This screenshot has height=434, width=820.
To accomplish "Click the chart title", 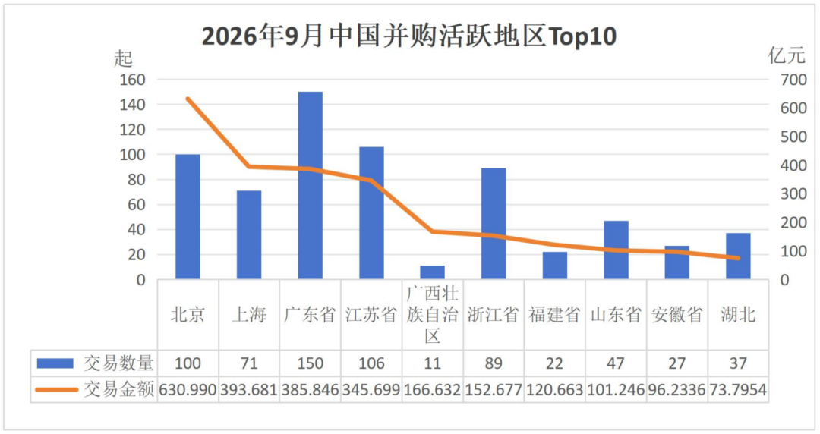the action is pyautogui.click(x=409, y=36).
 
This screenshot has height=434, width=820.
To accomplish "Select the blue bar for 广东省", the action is pyautogui.click(x=310, y=185).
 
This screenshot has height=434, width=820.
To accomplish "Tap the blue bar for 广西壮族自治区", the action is pyautogui.click(x=433, y=272).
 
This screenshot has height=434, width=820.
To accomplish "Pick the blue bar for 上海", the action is pyautogui.click(x=249, y=234).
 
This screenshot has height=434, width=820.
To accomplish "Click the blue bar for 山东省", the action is pyautogui.click(x=616, y=250).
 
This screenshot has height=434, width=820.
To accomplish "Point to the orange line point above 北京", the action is pyautogui.click(x=188, y=99).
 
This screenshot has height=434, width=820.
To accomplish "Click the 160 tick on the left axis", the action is pyautogui.click(x=132, y=80).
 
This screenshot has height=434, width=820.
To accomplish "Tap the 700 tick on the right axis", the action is pyautogui.click(x=794, y=80).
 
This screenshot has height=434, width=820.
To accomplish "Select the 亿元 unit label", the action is pyautogui.click(x=787, y=55).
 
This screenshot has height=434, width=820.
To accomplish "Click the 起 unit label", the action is pyautogui.click(x=123, y=58).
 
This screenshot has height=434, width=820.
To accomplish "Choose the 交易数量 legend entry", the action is pyautogui.click(x=95, y=363).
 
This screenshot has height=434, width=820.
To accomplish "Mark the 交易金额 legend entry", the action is pyautogui.click(x=95, y=389).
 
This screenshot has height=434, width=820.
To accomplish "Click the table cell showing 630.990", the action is pyautogui.click(x=188, y=389).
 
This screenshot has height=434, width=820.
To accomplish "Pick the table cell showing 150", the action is pyautogui.click(x=310, y=363).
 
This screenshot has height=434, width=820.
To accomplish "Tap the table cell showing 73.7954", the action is pyautogui.click(x=738, y=389).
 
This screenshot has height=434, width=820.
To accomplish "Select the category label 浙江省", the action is pyautogui.click(x=494, y=314).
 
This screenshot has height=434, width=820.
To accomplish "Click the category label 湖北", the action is pyautogui.click(x=738, y=314).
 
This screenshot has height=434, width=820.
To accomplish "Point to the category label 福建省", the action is pyautogui.click(x=554, y=314).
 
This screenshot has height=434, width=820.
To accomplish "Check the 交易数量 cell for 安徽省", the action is pyautogui.click(x=676, y=363).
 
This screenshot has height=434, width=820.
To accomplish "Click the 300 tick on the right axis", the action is pyautogui.click(x=794, y=194).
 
